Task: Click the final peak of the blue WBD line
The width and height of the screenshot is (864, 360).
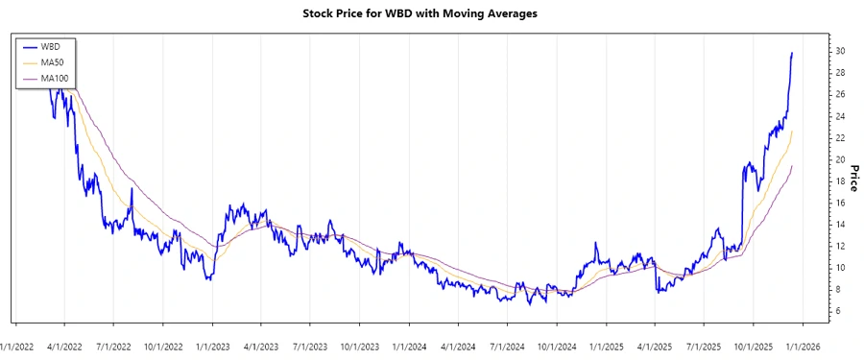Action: pyautogui.click(x=792, y=54)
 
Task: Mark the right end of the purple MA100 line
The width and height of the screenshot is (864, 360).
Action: pyautogui.click(x=792, y=166)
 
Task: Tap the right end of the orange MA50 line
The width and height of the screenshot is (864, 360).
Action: pyautogui.click(x=792, y=132)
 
